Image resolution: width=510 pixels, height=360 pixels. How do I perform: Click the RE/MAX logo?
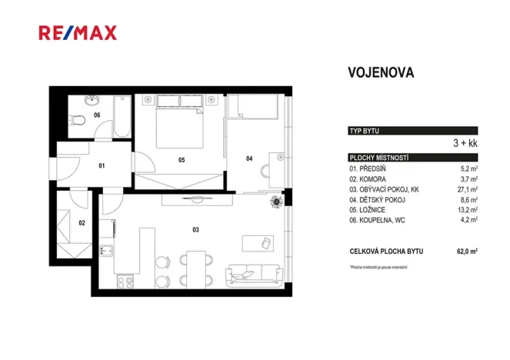[x=77, y=32]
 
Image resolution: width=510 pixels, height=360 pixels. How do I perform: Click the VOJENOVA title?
[x=381, y=73]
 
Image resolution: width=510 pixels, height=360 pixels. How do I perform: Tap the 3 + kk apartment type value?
[x=464, y=143]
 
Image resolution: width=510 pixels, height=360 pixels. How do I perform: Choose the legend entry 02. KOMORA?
[x=373, y=178]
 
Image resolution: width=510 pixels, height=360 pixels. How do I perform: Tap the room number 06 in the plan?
[x=97, y=115]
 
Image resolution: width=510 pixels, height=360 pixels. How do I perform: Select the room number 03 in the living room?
[x=195, y=229]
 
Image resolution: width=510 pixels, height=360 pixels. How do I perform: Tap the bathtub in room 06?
[x=122, y=117]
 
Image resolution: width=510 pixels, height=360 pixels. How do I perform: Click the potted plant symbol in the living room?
[x=276, y=201]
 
